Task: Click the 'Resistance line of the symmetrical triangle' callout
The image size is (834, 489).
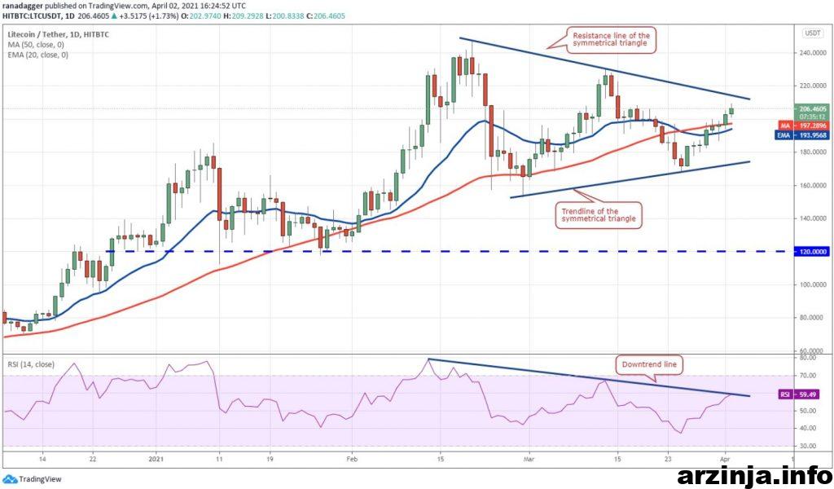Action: [610, 38]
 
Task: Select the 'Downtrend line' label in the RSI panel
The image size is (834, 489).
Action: [648, 365]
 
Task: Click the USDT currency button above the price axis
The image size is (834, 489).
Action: [812, 33]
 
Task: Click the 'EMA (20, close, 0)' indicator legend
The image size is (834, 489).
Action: [36, 33]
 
